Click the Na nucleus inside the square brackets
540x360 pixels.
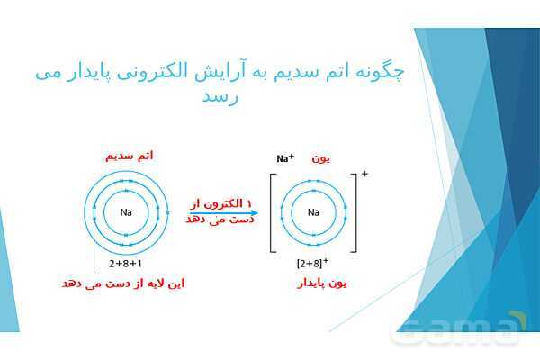click(x=313, y=213)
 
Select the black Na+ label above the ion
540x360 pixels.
click(x=286, y=159)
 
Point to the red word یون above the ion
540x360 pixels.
click(x=322, y=158)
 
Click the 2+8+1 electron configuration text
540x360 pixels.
click(x=125, y=265)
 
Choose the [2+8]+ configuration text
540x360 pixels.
click(x=311, y=263)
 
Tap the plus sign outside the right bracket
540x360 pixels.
click(x=364, y=172)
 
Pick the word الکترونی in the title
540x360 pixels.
click(x=198, y=71)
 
